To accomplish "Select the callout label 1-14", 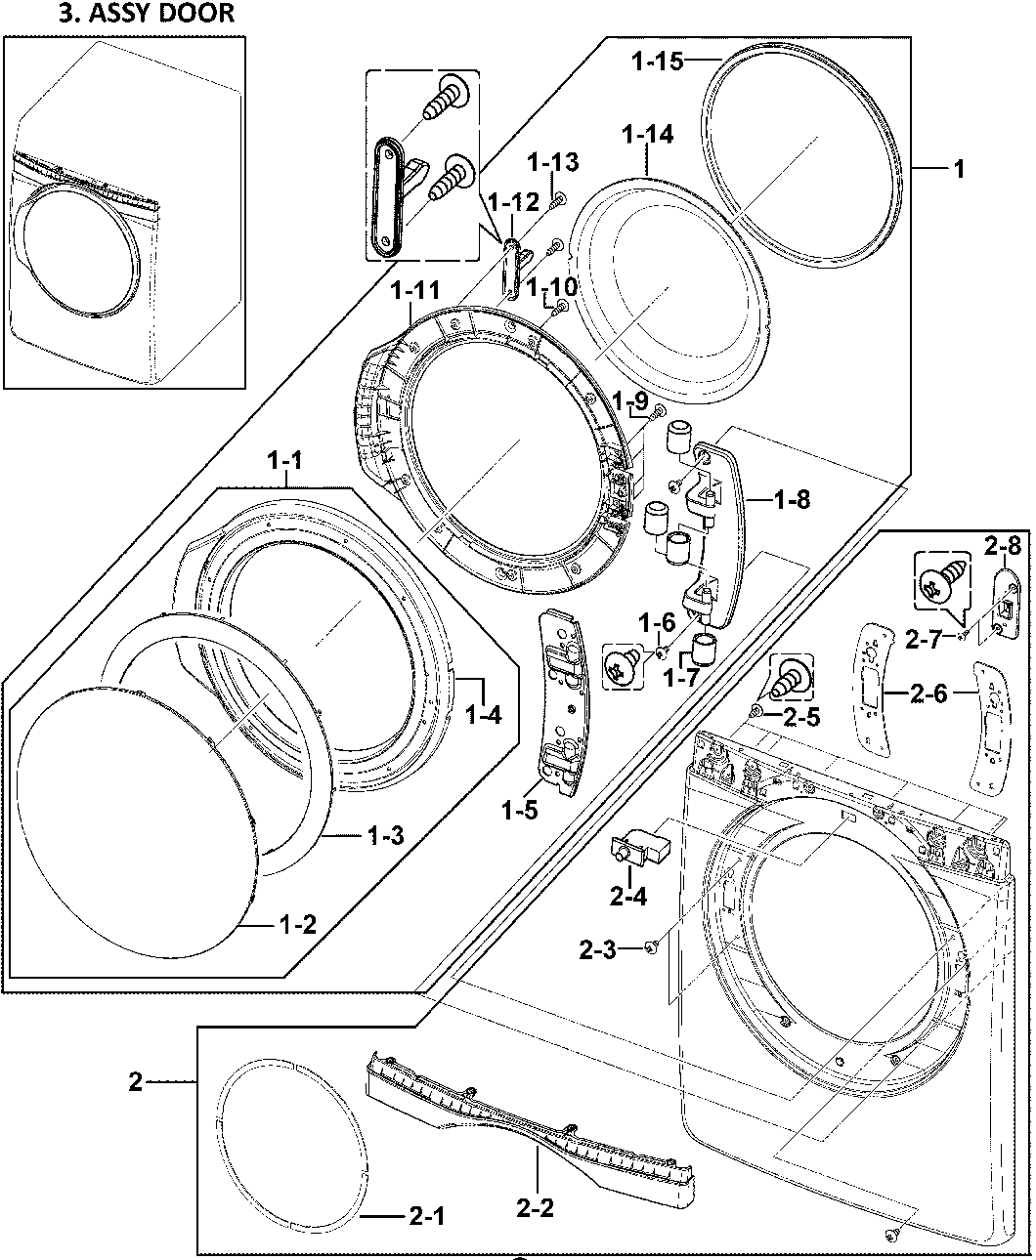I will coord(646,136).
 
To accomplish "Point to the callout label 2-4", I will coord(627,897).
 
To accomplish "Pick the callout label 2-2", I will coord(535,1208).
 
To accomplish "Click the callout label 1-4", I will coord(483,716).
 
